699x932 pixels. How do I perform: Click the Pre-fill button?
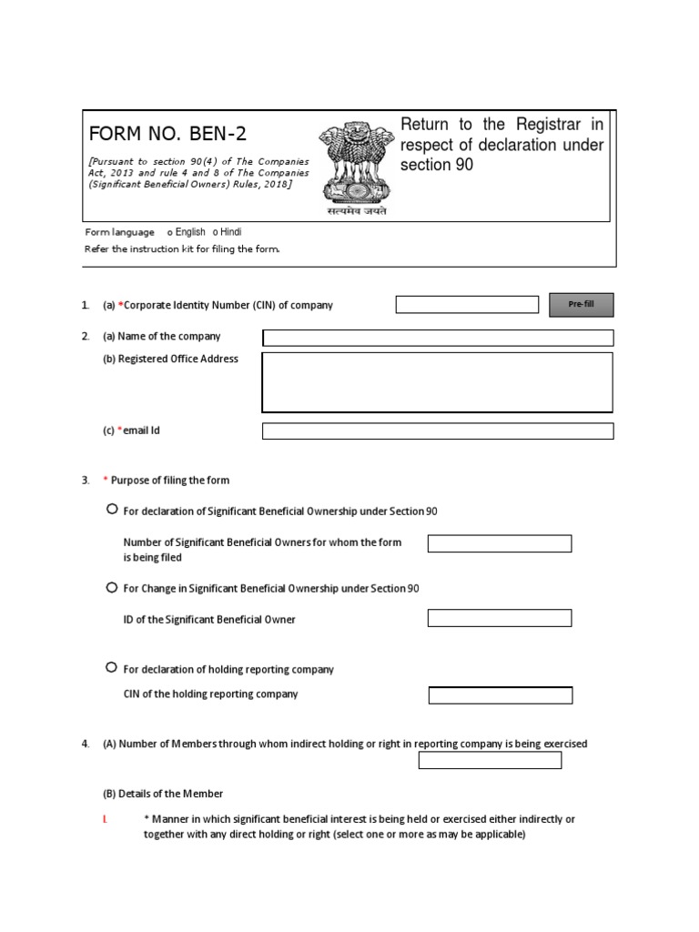(581, 304)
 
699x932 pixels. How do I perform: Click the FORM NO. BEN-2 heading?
(167, 135)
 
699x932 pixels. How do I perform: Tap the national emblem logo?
(358, 164)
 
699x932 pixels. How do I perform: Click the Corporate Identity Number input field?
(467, 305)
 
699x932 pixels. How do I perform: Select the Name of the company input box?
(438, 338)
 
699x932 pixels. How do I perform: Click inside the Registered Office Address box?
(438, 382)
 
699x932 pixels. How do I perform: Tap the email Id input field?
(438, 431)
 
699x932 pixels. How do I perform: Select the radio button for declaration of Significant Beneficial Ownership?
(112, 510)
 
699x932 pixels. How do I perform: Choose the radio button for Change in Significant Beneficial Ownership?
(112, 588)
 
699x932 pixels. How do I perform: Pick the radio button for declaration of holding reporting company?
(112, 668)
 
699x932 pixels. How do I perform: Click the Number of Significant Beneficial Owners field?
(500, 543)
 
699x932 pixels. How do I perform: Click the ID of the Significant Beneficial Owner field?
(500, 619)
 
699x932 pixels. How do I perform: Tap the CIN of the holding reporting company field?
(501, 695)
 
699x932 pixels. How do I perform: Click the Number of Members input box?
(490, 760)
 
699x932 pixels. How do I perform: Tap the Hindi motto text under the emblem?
(358, 210)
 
